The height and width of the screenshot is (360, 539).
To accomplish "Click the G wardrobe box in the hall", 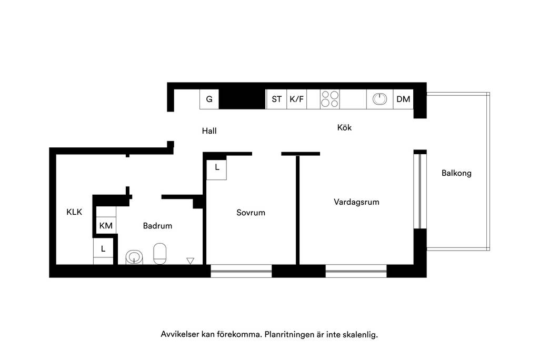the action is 209,99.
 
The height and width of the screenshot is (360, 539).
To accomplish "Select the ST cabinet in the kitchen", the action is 276,99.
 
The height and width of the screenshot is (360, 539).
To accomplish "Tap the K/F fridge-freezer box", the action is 297,99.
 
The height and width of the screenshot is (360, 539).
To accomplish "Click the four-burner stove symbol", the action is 330,99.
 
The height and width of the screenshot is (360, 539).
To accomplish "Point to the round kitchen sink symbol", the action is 380,99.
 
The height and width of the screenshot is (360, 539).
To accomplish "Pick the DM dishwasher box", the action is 403,99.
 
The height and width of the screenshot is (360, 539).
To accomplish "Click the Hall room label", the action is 209,131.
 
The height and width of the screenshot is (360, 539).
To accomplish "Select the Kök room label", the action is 344,127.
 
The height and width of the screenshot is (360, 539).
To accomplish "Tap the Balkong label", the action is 456,173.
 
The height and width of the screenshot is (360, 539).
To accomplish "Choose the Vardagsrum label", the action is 356,202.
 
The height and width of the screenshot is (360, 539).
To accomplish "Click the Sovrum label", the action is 251,213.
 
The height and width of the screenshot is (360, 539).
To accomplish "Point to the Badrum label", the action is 157,226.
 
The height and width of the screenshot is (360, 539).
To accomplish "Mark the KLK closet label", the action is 74,212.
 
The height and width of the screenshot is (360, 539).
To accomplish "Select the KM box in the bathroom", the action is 106,226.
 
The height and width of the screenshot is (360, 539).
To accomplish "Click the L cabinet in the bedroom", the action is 216,169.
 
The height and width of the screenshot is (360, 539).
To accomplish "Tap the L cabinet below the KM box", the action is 103,248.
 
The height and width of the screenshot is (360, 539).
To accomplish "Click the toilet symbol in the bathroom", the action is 159,254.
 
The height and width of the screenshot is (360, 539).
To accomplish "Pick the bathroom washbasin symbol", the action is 134,257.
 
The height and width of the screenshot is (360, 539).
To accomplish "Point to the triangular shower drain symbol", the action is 190,261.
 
